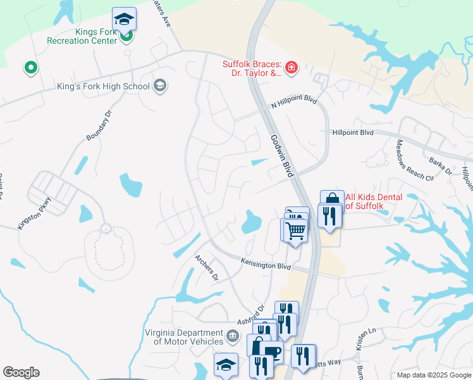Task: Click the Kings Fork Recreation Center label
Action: (82, 36)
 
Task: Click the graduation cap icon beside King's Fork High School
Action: (160, 86)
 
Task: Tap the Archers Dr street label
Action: (206, 267)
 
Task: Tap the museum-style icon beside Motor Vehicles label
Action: (233, 334)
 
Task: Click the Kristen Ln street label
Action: (365, 339)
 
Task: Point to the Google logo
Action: (21, 372)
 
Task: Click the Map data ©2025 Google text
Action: (433, 374)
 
